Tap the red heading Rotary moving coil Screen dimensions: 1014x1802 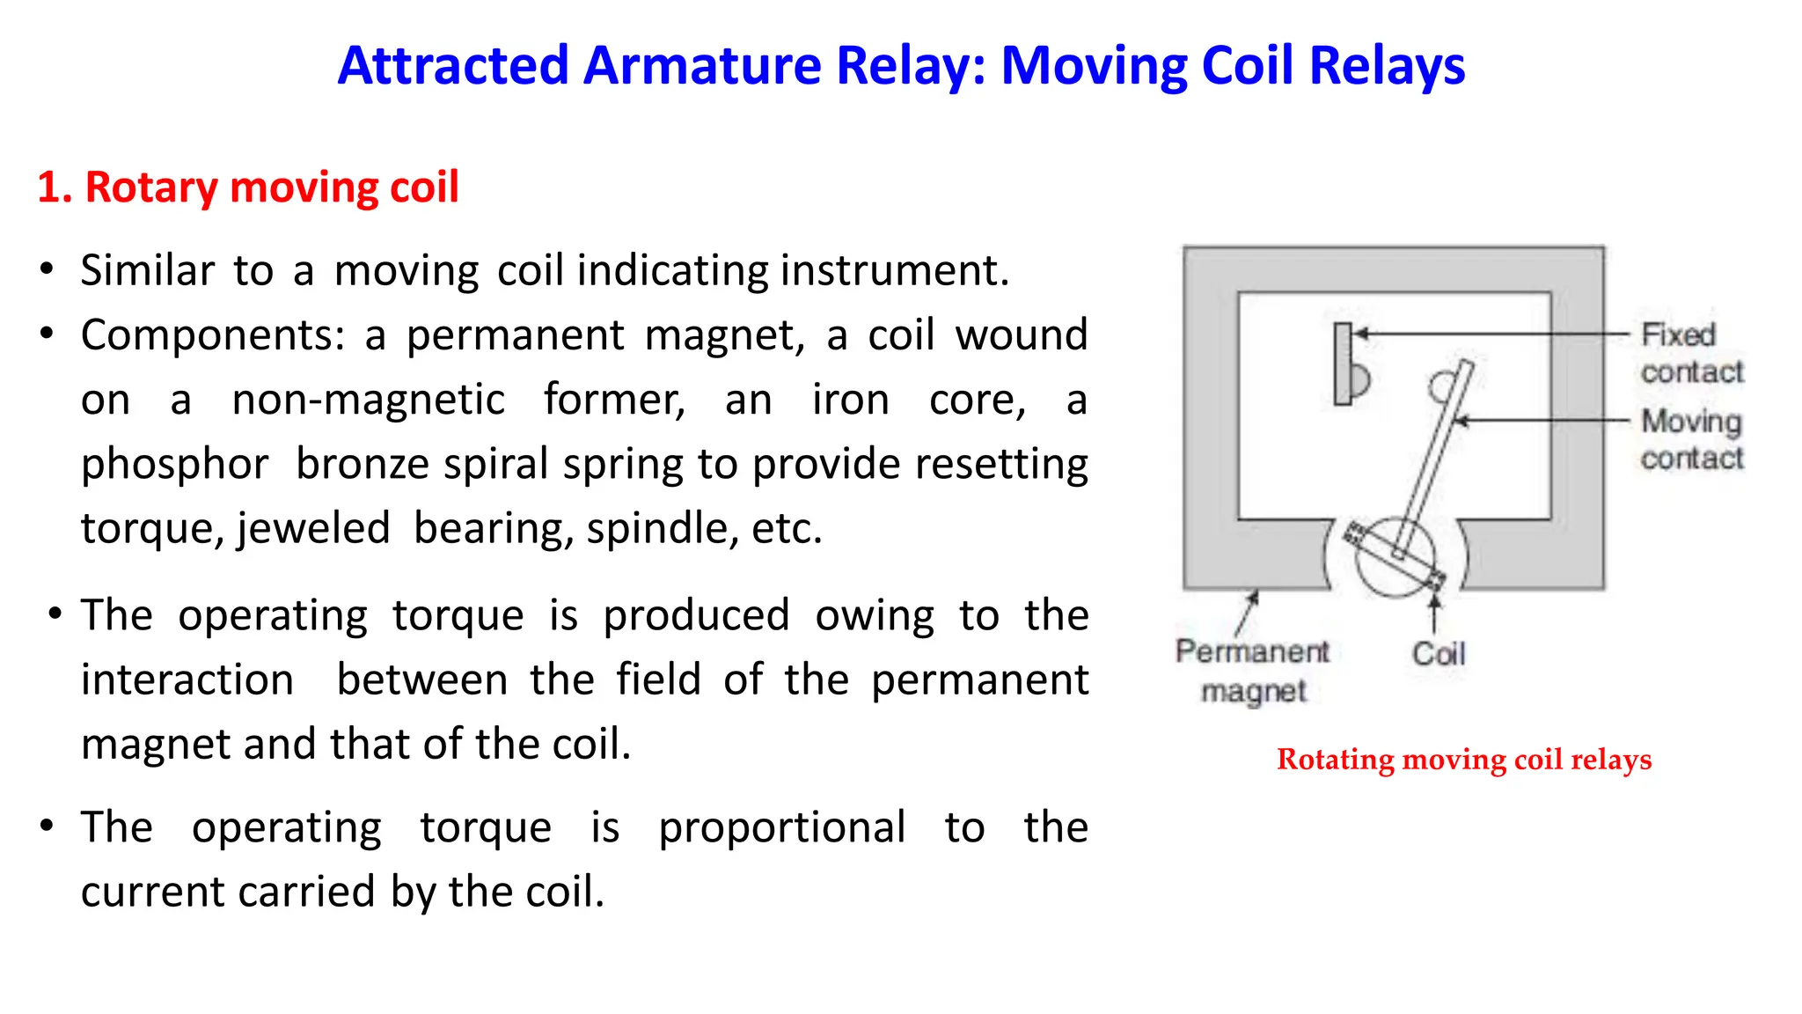click(248, 187)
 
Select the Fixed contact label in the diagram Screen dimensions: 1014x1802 click(1690, 353)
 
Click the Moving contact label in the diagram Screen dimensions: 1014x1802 click(1690, 439)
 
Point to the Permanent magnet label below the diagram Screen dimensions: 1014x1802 click(1252, 670)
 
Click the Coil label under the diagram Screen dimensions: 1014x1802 click(1438, 654)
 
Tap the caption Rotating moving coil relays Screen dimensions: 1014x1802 click(1463, 759)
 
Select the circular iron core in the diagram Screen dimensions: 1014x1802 click(1394, 557)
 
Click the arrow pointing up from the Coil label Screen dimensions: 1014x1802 click(1434, 614)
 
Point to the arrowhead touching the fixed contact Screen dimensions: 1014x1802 click(1361, 334)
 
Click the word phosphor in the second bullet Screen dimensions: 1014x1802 click(174, 465)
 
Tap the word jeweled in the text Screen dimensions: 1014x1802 click(313, 529)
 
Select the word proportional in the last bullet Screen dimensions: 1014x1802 click(781, 828)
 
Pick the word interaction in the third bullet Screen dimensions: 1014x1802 click(187, 680)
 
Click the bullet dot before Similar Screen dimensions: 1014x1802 click(47, 268)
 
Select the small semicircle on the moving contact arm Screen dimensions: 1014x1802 click(1440, 386)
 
